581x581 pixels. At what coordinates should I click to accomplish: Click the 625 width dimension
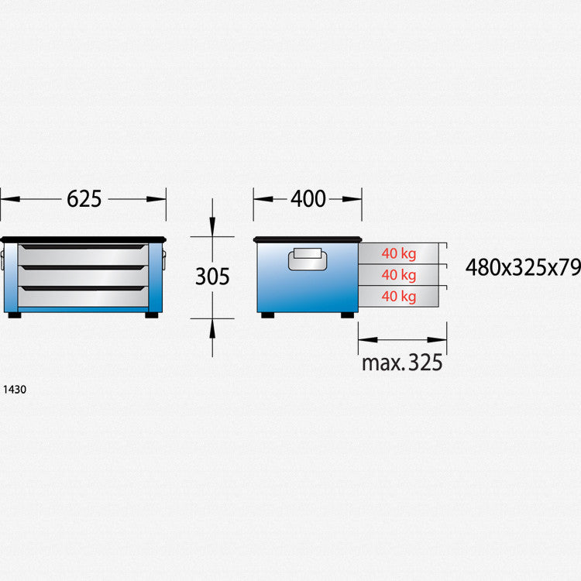pyautogui.click(x=84, y=199)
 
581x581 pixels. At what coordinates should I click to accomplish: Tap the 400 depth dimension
pyautogui.click(x=308, y=199)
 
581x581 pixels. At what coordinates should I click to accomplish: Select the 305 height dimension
pyautogui.click(x=212, y=277)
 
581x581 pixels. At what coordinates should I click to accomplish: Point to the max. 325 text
pyautogui.click(x=402, y=363)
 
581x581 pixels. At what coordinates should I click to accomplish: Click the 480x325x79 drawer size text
pyautogui.click(x=523, y=267)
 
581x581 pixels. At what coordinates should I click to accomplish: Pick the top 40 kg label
pyautogui.click(x=399, y=253)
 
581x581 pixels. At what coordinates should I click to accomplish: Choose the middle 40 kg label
pyautogui.click(x=399, y=275)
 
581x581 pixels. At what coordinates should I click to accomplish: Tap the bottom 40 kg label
pyautogui.click(x=399, y=297)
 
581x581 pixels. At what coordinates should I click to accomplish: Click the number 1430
pyautogui.click(x=15, y=390)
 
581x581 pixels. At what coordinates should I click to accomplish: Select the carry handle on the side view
pyautogui.click(x=308, y=259)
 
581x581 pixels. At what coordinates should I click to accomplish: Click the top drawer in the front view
pyautogui.click(x=84, y=255)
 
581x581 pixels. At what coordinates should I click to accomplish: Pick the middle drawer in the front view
pyautogui.click(x=84, y=276)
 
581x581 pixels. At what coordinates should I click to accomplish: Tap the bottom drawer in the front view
pyautogui.click(x=84, y=297)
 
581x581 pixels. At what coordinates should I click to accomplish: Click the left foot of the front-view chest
pyautogui.click(x=15, y=315)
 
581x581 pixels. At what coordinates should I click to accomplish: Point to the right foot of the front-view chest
pyautogui.click(x=152, y=315)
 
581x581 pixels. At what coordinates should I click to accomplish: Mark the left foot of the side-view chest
pyautogui.click(x=267, y=315)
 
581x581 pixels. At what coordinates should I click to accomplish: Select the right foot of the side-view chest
pyautogui.click(x=347, y=315)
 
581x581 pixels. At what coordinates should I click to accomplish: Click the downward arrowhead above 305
pyautogui.click(x=212, y=227)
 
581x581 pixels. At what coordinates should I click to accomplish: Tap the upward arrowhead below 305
pyautogui.click(x=212, y=328)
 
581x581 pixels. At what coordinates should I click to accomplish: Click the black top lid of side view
pyautogui.click(x=308, y=239)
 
